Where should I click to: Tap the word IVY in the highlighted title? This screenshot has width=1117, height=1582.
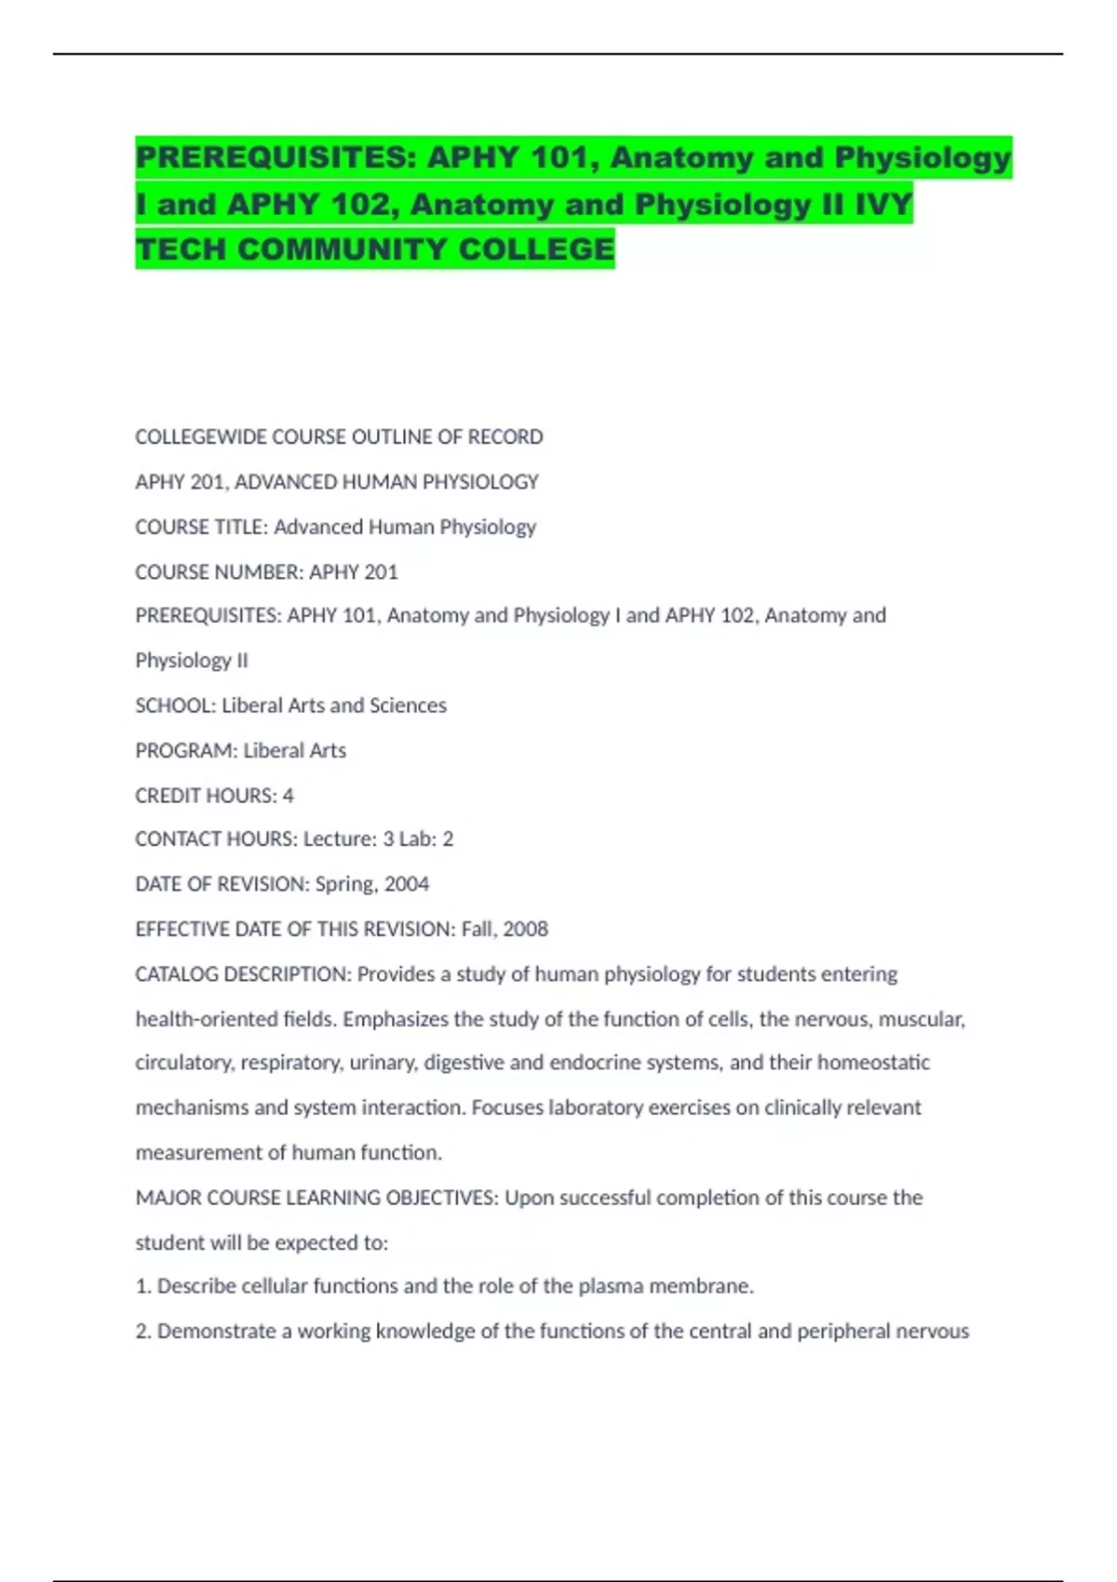click(x=883, y=204)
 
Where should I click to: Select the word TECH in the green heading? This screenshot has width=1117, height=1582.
click(x=181, y=249)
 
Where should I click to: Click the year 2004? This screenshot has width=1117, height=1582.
click(x=407, y=884)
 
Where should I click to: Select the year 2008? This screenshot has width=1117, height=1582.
click(x=526, y=929)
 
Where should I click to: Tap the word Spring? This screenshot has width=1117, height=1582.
click(x=343, y=884)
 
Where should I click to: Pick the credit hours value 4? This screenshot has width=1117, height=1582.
click(x=288, y=795)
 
